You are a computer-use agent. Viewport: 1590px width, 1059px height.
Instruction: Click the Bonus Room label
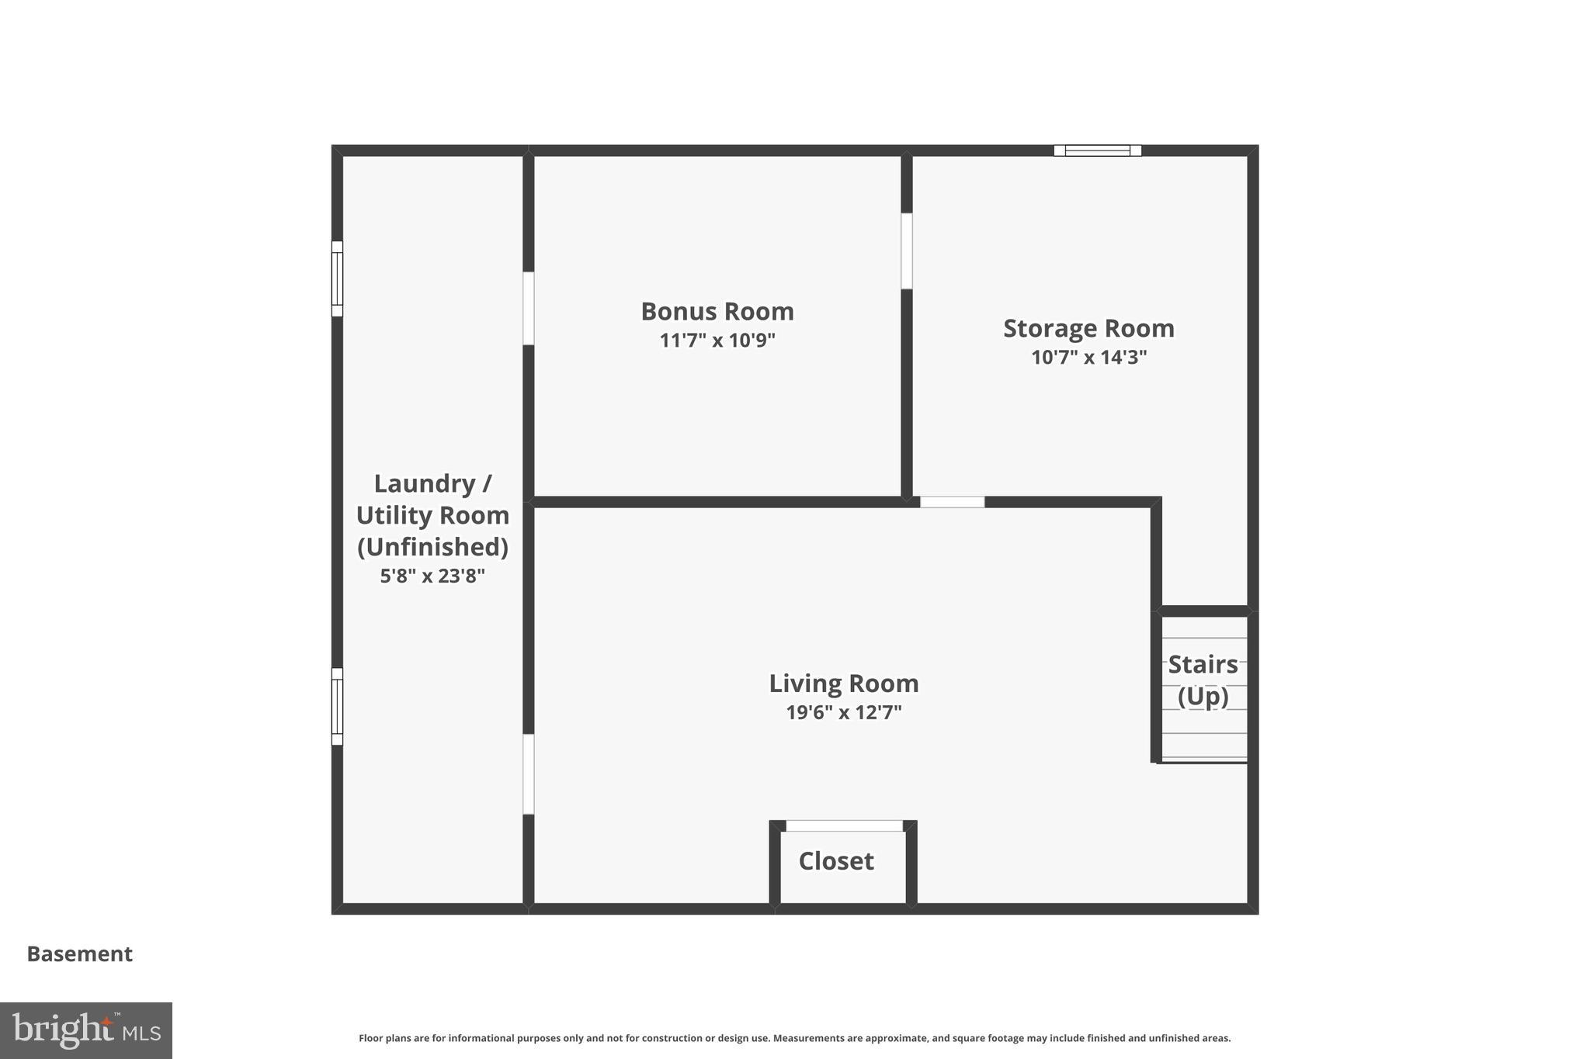(x=717, y=311)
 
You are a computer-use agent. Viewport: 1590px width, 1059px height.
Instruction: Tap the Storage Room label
(x=1088, y=328)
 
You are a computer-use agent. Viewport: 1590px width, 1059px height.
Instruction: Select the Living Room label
(x=843, y=684)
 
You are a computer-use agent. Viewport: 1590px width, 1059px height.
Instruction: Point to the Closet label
(x=836, y=861)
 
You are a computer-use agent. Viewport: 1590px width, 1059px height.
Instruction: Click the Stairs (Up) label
(x=1203, y=680)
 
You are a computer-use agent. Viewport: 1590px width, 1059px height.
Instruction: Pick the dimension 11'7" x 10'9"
(x=717, y=341)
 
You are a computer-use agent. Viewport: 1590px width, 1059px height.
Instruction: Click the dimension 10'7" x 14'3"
(x=1088, y=358)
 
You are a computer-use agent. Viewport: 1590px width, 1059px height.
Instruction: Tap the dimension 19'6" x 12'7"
(x=843, y=712)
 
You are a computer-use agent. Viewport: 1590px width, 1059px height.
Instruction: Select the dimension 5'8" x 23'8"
(x=432, y=576)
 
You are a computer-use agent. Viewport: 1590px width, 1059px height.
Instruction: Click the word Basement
(x=80, y=953)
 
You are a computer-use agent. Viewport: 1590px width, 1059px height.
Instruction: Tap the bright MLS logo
(x=86, y=1030)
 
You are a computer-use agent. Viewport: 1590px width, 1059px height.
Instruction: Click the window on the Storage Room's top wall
(x=1097, y=151)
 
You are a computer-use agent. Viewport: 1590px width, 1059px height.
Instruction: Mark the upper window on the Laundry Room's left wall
(x=337, y=279)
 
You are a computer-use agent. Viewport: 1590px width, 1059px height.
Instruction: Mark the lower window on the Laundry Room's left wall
(x=337, y=706)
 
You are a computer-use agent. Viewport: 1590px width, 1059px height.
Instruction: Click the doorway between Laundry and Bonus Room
(x=529, y=308)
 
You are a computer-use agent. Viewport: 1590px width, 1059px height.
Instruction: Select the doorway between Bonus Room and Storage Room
(x=906, y=251)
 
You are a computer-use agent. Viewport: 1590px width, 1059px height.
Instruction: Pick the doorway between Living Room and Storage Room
(x=952, y=502)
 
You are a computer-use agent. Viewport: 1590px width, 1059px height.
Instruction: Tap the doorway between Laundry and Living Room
(x=529, y=773)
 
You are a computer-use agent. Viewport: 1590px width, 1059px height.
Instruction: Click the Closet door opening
(x=844, y=825)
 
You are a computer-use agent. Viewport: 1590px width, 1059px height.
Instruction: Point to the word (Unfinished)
(x=432, y=547)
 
